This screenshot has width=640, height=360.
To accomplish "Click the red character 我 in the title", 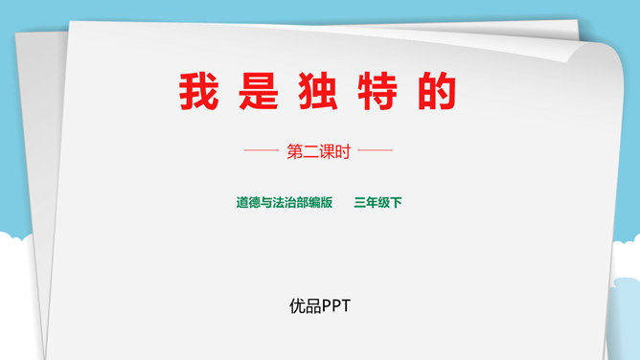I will (x=197, y=92).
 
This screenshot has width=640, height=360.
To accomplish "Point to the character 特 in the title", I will (x=379, y=92).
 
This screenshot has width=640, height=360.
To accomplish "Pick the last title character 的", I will (x=438, y=92).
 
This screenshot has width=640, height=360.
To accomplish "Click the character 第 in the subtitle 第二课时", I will (x=295, y=151).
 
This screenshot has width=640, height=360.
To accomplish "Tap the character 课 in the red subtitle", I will (x=328, y=151).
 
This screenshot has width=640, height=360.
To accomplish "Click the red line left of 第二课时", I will (x=262, y=151).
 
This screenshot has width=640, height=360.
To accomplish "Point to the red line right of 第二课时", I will (x=376, y=151).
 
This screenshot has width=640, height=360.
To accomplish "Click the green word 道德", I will (x=248, y=203).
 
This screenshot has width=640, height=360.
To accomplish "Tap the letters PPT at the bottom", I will (x=336, y=306).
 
